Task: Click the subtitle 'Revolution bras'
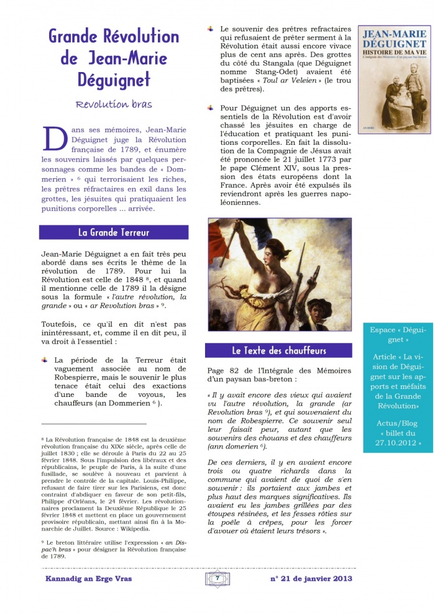(114, 104)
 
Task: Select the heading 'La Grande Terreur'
(114, 232)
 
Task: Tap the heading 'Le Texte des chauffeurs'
(279, 350)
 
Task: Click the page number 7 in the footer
(217, 578)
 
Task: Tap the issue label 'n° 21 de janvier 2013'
(311, 578)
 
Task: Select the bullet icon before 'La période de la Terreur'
(45, 360)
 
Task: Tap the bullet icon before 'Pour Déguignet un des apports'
(210, 107)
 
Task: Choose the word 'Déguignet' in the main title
(113, 80)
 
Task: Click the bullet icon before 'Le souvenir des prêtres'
(210, 29)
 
